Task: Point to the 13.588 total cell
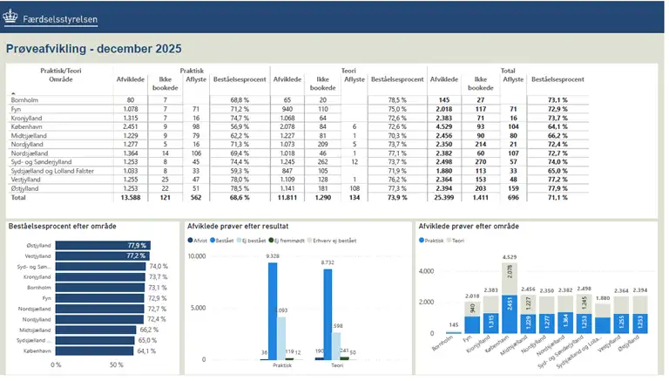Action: tap(128, 198)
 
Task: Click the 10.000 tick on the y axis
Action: tap(194, 256)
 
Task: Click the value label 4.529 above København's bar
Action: tap(510, 257)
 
